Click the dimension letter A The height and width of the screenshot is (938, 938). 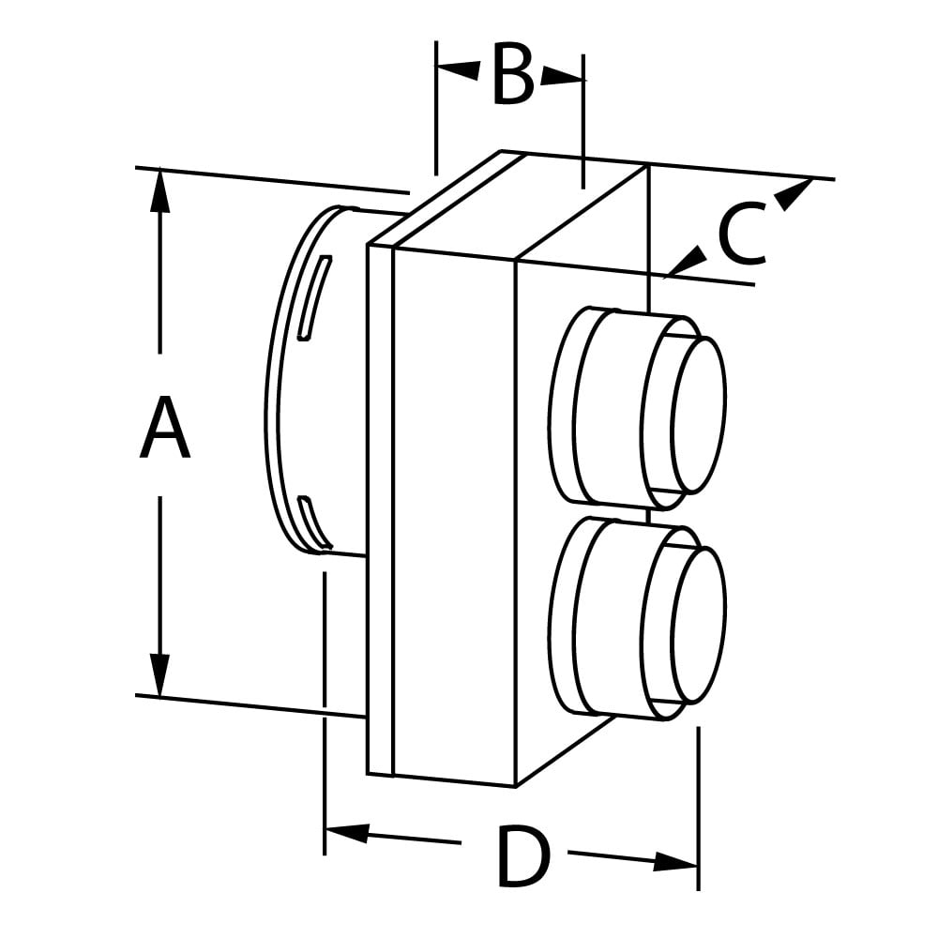164,426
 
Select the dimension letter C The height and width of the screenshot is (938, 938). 743,234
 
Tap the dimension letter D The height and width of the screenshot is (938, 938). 523,856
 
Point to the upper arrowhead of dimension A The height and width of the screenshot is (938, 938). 159,190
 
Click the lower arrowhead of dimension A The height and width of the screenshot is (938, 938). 159,675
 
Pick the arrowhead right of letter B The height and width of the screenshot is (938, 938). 563,75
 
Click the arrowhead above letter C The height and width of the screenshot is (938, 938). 794,194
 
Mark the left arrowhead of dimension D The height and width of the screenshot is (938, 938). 346,833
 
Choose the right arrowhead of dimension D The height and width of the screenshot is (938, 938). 676,862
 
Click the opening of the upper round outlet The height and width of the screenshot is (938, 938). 699,415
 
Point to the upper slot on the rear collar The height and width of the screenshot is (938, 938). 314,297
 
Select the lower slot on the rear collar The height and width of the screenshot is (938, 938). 313,521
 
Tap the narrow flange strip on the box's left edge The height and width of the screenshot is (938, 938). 381,509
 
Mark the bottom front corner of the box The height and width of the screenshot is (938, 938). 516,787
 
